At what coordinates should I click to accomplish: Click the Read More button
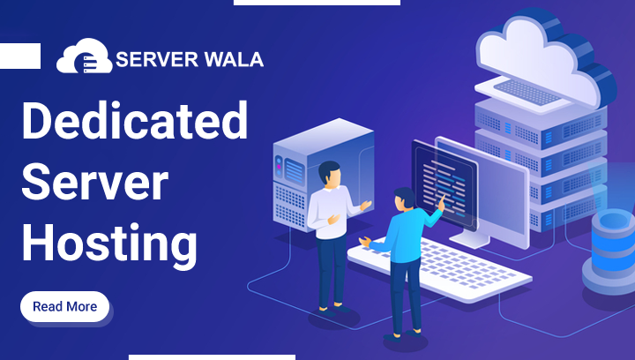pyautogui.click(x=64, y=307)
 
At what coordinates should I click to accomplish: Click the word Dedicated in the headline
pyautogui.click(x=134, y=120)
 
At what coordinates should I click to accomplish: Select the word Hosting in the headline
pyautogui.click(x=108, y=239)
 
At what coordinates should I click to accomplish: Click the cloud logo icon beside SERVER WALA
pyautogui.click(x=84, y=58)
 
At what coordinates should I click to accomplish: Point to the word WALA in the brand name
pyautogui.click(x=229, y=60)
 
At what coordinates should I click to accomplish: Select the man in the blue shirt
pyautogui.click(x=407, y=256)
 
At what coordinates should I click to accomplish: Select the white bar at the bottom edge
pyautogui.click(x=212, y=356)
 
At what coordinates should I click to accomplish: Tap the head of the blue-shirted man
pyautogui.click(x=403, y=199)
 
